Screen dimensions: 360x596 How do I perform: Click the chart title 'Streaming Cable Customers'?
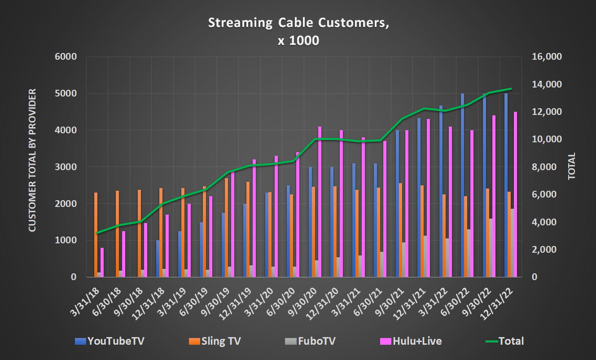(298, 23)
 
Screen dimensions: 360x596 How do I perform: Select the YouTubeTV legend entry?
(110, 341)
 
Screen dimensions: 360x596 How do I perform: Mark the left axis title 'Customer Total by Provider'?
(32, 160)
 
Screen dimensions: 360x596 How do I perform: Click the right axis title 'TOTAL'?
(571, 167)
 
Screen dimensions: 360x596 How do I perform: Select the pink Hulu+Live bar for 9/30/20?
(320, 202)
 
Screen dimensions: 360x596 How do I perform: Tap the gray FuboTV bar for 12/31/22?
(512, 243)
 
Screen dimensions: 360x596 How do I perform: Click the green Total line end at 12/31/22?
(511, 89)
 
